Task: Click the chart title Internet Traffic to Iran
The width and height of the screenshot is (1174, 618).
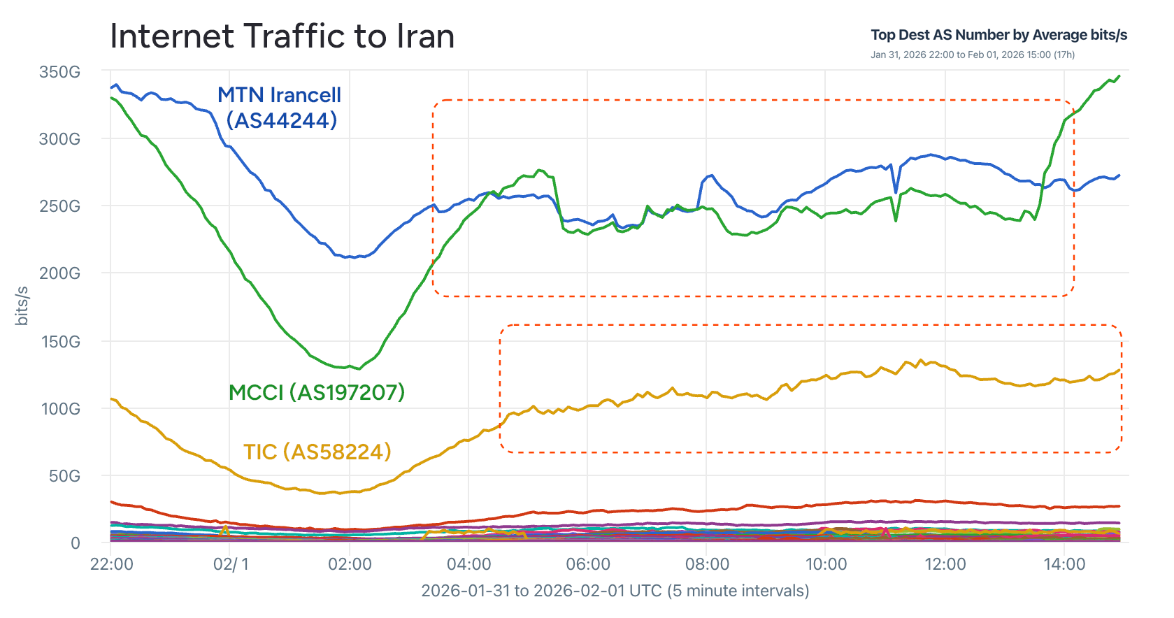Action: coord(282,36)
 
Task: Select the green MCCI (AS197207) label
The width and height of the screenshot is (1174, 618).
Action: coord(317,392)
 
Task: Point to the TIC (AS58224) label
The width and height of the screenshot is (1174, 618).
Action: coord(317,452)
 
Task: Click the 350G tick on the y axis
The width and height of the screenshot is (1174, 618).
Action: coord(59,72)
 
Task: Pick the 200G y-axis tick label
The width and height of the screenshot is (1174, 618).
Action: coord(59,273)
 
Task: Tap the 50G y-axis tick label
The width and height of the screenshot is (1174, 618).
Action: coord(64,476)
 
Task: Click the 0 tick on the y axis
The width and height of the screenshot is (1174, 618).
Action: coord(76,543)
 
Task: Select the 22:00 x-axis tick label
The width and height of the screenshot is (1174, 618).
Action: coord(112,564)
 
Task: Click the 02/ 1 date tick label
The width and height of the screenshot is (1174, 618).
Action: coord(231,564)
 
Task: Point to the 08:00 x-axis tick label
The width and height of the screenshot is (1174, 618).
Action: coord(707,564)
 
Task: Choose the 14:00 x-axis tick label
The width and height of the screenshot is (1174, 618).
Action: coord(1064,564)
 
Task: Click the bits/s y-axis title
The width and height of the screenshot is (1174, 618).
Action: coord(22,306)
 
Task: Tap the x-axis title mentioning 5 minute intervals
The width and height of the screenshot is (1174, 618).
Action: coord(615,591)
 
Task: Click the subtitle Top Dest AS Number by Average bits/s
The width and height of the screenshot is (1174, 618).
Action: coord(998,35)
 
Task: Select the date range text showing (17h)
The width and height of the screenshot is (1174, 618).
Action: coord(973,55)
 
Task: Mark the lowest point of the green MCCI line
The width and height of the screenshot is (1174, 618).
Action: coord(359,368)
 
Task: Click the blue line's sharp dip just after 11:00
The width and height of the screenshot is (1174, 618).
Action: coord(896,192)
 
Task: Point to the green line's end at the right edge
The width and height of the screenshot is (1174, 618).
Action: coord(1119,76)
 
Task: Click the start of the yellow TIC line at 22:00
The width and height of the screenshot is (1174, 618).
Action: coord(112,399)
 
